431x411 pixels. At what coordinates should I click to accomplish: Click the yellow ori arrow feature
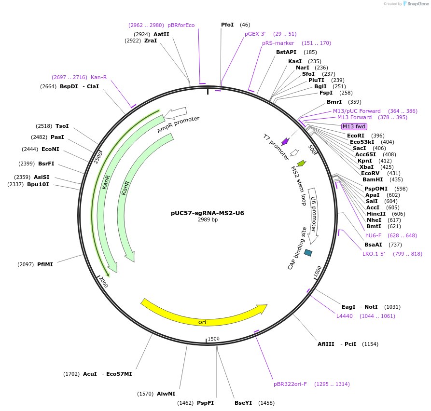tap(203, 316)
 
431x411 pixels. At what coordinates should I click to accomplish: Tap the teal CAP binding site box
tap(307, 252)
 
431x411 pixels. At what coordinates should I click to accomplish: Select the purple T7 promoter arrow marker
tap(285, 141)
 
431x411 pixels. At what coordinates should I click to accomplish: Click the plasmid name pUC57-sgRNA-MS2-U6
tap(208, 213)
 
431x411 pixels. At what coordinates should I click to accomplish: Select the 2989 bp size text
tap(208, 220)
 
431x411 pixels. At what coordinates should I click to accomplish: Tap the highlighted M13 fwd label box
tap(354, 126)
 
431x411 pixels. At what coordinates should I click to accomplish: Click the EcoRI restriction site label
tap(356, 136)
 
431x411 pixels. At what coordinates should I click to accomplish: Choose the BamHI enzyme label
tap(373, 179)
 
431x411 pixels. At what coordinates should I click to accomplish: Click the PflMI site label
tap(45, 264)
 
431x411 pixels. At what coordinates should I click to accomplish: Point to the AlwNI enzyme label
tap(166, 394)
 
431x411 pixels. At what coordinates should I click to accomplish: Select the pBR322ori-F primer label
tap(290, 384)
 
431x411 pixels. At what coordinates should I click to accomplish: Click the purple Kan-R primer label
tap(98, 77)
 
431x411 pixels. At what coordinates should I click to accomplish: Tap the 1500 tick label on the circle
tap(213, 339)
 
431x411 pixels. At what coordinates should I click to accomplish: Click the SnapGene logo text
tap(418, 4)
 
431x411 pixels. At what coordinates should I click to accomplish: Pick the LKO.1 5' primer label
tap(374, 254)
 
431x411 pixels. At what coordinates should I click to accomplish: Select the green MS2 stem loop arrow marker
tap(301, 163)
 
